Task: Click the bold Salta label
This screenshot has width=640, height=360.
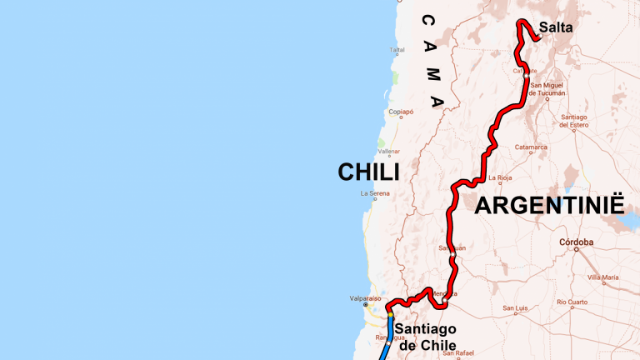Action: point(555,27)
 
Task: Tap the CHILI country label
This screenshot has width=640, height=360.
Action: point(368,172)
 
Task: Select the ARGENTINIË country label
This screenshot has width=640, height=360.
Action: point(549,206)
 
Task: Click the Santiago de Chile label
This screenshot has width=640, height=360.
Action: point(426,337)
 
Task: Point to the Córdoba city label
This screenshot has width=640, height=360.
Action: point(576,242)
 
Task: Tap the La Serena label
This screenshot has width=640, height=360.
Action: point(375,193)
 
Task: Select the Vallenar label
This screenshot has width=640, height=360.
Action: point(389,152)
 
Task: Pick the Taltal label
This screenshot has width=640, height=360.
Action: point(397,50)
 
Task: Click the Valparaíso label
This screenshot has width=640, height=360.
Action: point(365,297)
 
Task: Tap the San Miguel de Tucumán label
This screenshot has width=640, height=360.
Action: point(547,89)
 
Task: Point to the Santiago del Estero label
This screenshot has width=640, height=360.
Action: point(575,121)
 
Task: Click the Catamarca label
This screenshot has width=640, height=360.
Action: point(531,147)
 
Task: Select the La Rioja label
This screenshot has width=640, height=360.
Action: point(501,177)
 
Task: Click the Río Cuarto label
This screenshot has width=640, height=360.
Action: point(572,302)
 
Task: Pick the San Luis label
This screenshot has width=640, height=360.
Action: point(515,308)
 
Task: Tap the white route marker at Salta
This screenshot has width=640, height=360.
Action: point(540,36)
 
